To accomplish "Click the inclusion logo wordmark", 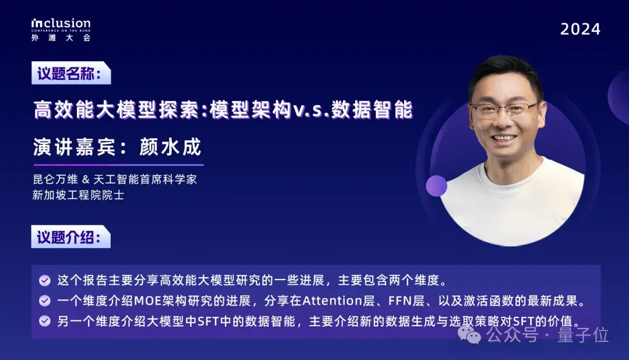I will point(61,24).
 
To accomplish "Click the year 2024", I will point(580,29).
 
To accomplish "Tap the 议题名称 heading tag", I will point(70,74).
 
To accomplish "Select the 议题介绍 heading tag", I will point(70,238).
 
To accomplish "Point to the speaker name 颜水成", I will point(170,147).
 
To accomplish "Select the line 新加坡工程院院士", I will point(78,196).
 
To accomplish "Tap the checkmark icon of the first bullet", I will point(44,281).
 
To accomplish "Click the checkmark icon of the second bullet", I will point(44,301).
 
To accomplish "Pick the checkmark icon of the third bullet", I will point(44,321).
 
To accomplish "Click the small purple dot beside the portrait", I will point(436,185).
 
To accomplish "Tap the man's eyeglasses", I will point(505,108).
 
